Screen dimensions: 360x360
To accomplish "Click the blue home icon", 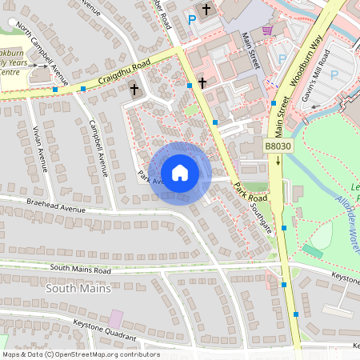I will pos(180,172).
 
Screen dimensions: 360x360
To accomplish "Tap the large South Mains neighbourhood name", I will pos(78,287).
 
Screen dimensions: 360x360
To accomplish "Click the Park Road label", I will pos(250,191).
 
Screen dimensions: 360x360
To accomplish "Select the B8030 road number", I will pos(278,146).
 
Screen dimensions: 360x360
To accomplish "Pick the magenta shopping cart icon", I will pos(267,30).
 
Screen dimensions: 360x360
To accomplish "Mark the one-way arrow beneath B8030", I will pos(278,161).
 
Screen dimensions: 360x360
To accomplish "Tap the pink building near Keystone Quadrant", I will pos(116,318).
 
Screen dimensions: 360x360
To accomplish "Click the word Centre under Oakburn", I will pos(10,72).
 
